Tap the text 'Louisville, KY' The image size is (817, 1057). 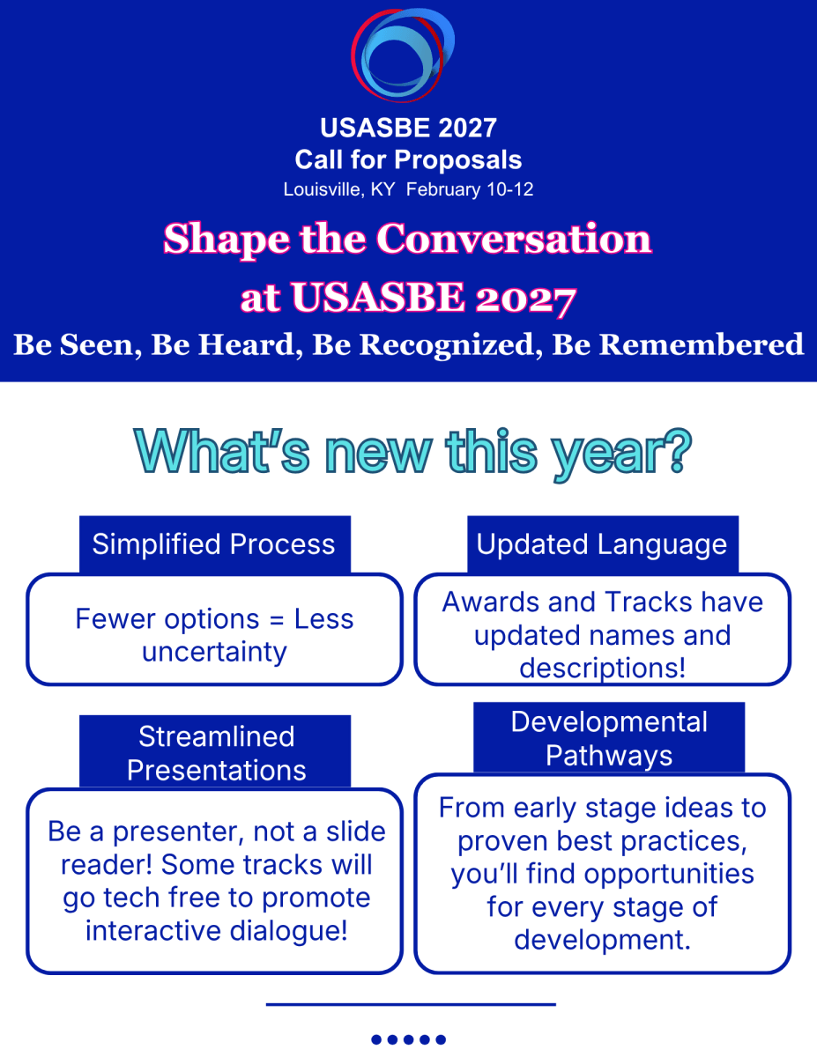[x=339, y=189]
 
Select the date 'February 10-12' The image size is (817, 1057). [x=470, y=189]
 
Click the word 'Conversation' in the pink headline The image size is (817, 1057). [x=514, y=239]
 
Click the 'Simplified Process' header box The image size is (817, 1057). [x=214, y=544]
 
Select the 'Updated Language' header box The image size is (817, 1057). [x=603, y=544]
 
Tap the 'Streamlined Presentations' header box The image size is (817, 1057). [x=214, y=752]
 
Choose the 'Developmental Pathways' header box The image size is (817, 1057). [x=609, y=738]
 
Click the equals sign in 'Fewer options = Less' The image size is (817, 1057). [x=277, y=620]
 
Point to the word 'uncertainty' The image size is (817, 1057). [x=214, y=652]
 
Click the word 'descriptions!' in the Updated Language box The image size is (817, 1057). [x=603, y=668]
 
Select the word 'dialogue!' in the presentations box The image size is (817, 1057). [x=288, y=931]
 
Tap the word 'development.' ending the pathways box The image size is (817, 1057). [x=603, y=940]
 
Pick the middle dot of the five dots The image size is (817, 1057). [x=409, y=1039]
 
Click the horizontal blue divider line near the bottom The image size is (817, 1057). [x=411, y=1004]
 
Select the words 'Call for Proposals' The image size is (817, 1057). [x=408, y=159]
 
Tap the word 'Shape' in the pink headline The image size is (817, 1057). [x=227, y=240]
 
